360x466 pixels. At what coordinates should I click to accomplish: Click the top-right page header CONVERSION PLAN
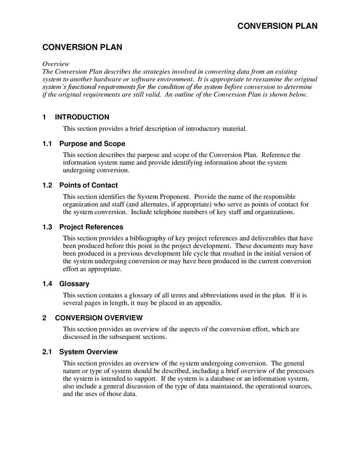click(x=278, y=26)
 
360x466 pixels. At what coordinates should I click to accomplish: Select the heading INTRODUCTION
click(x=82, y=117)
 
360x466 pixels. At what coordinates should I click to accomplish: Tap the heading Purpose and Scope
click(x=92, y=143)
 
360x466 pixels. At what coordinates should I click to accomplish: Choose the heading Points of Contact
click(x=89, y=185)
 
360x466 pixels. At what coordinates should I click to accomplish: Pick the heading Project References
click(x=91, y=227)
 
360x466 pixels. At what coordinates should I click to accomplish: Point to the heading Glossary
click(x=74, y=284)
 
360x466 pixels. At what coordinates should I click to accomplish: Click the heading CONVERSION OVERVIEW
click(x=98, y=317)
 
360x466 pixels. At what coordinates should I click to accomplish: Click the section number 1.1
click(x=48, y=143)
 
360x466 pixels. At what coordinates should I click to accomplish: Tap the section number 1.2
click(x=48, y=185)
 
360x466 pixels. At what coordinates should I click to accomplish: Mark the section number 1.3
click(x=48, y=227)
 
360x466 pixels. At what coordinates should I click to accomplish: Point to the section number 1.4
click(x=48, y=284)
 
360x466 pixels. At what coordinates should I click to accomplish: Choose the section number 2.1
click(x=48, y=352)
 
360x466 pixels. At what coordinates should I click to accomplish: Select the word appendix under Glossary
click(x=209, y=303)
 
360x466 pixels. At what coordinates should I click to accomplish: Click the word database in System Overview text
click(x=235, y=378)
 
